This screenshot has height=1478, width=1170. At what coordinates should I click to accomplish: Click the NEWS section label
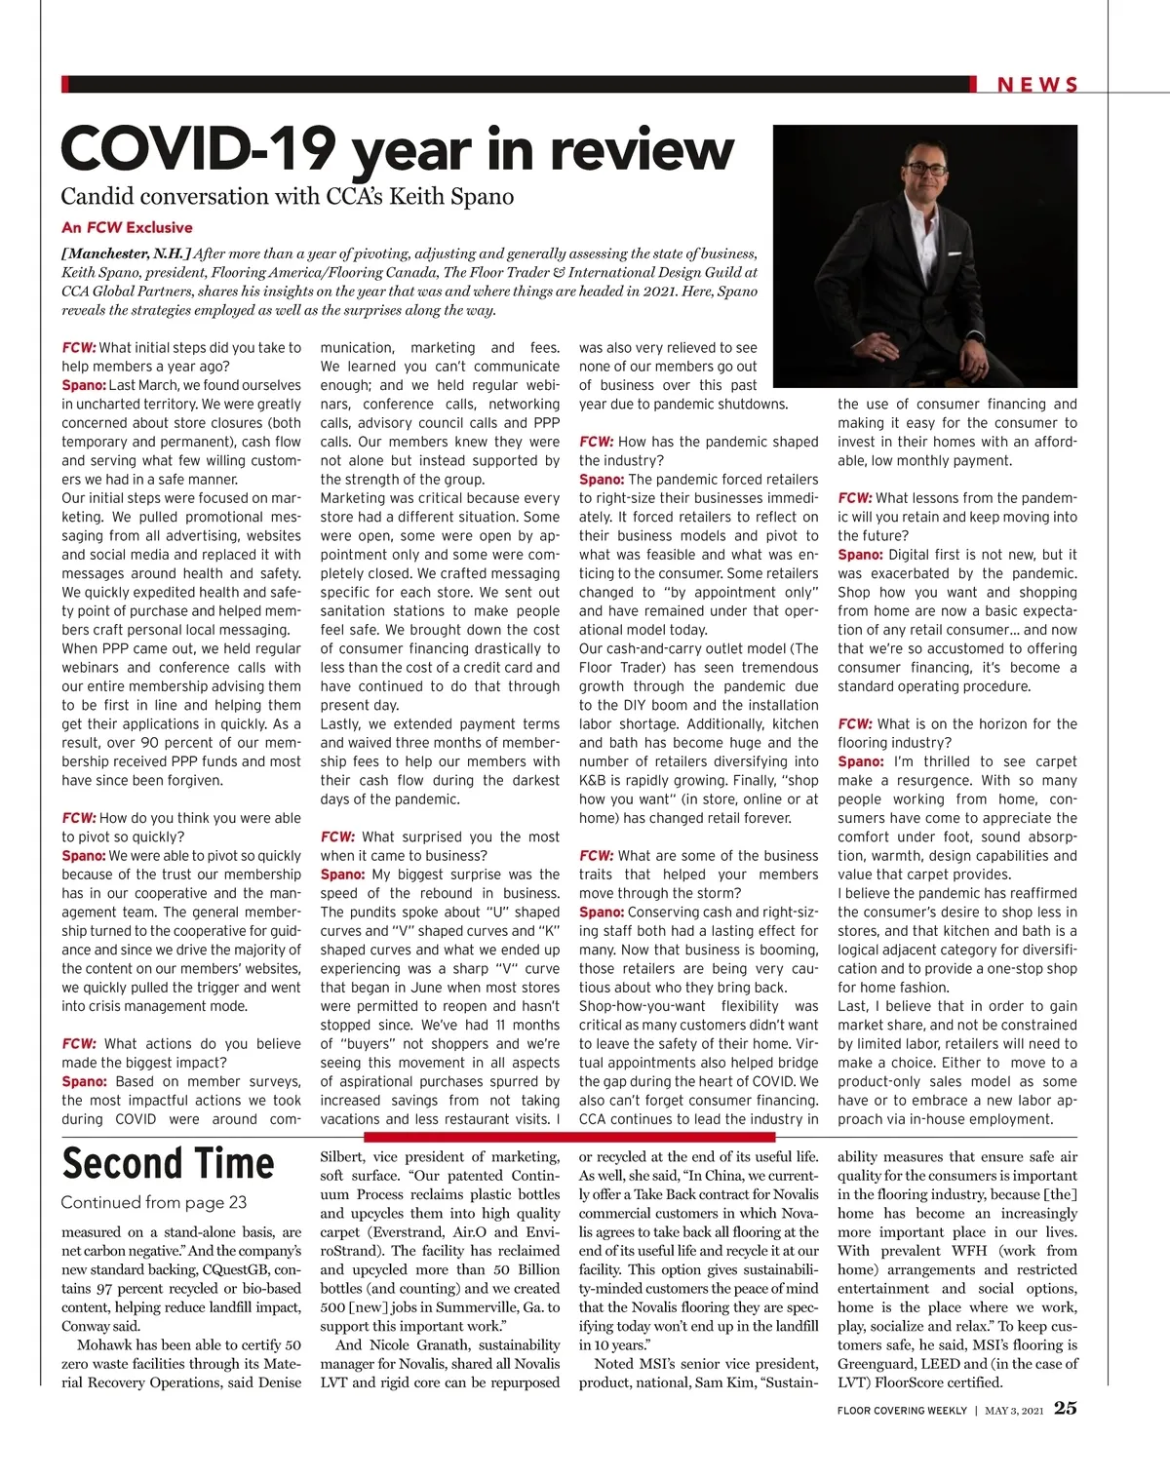point(1036,85)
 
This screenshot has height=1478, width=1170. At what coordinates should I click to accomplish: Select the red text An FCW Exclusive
point(127,227)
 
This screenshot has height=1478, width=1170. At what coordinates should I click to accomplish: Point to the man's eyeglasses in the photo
point(924,169)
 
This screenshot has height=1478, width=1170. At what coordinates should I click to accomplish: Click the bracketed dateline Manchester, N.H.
point(127,253)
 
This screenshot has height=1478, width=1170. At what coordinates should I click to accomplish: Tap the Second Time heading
point(168,1164)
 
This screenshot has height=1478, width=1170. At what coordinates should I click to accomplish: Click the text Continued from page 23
point(153,1202)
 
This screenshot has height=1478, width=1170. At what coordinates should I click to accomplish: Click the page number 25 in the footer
point(1065,1408)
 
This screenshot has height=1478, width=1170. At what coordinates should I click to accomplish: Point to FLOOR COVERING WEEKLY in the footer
point(902,1410)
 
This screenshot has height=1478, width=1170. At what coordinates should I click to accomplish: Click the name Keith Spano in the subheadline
point(451,196)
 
